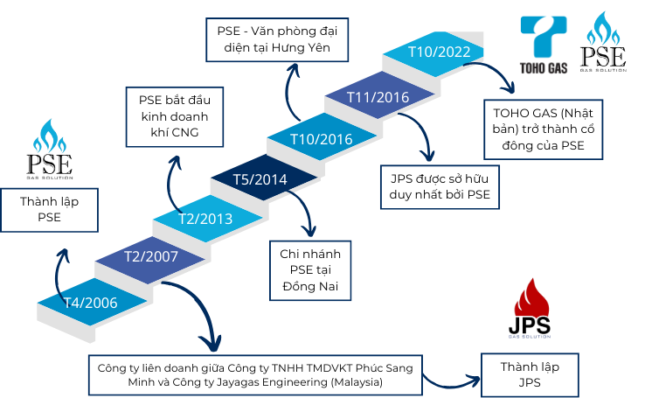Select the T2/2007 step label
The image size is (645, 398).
tap(150, 257)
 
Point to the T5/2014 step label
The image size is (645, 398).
tap(260, 180)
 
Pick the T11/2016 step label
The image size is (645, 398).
tap(378, 96)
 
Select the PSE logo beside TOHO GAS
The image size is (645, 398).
tap(604, 44)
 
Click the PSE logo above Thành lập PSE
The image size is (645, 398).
tap(49, 152)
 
